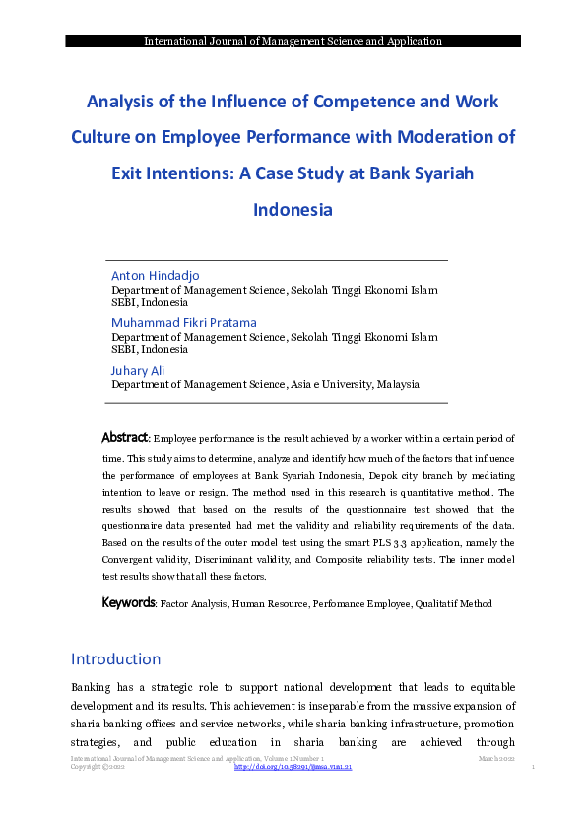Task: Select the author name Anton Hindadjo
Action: point(156,275)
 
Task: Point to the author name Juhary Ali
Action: point(138,370)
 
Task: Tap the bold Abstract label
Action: point(125,437)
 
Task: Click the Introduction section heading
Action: point(115,658)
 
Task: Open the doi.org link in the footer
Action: point(293,766)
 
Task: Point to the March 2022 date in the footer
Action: point(496,757)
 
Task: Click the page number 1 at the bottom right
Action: point(532,767)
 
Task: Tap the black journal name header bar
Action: point(293,41)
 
